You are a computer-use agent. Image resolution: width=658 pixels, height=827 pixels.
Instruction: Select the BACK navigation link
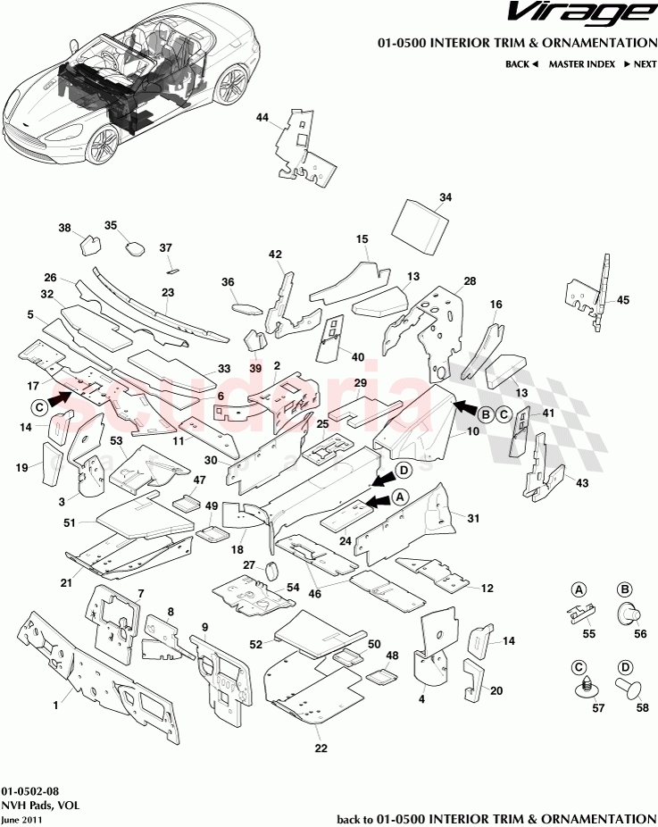(x=521, y=64)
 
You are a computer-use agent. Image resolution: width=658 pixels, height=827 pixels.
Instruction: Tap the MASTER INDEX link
(x=579, y=64)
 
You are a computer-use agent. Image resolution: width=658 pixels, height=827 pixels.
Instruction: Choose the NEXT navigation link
(x=639, y=64)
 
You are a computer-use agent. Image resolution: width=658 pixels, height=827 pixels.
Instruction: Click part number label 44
(x=262, y=118)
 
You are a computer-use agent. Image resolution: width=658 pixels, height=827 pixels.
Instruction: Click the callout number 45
(x=623, y=300)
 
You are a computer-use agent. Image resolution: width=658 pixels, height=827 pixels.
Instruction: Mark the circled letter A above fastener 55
(x=579, y=589)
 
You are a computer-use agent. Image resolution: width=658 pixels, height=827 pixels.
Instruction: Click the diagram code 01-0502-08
(x=31, y=791)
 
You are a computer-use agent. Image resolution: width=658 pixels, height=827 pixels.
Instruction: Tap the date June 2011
(x=21, y=819)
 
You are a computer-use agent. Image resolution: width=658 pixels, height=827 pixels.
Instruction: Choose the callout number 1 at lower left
(x=55, y=705)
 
